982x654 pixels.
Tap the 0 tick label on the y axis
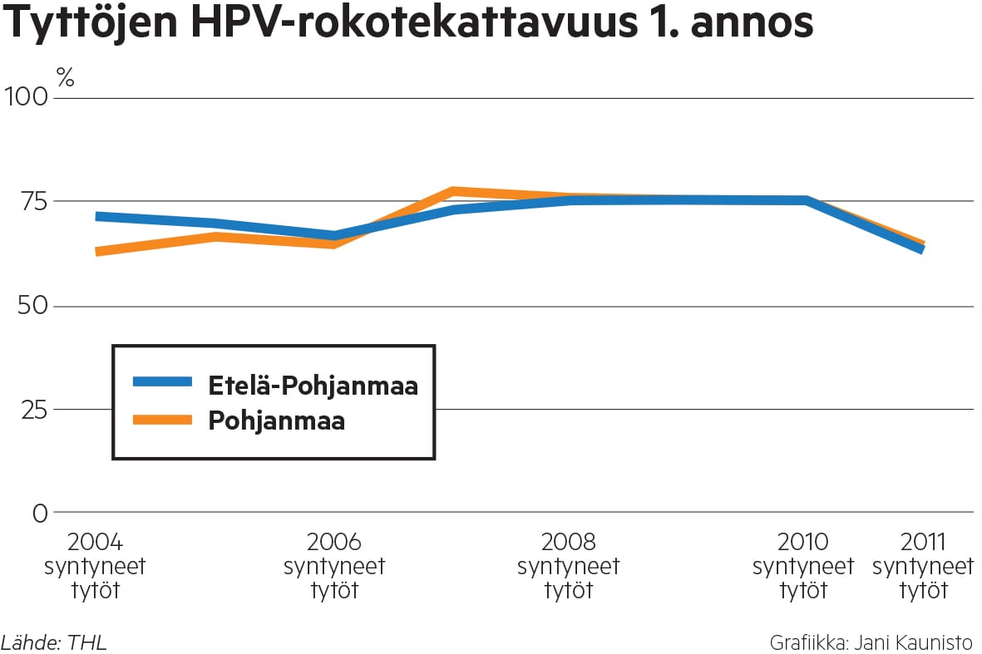(x=41, y=513)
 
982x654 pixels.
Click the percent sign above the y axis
(x=66, y=78)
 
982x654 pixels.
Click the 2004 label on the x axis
(x=95, y=543)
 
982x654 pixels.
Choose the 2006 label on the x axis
(x=334, y=543)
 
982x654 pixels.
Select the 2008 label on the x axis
(x=569, y=543)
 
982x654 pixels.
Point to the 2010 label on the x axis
(x=803, y=543)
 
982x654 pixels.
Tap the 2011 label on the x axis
(x=923, y=543)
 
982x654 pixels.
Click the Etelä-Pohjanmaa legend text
(x=313, y=386)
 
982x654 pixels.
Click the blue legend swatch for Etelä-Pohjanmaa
(x=162, y=382)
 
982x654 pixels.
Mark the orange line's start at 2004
(x=98, y=251)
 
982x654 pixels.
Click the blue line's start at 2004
(x=98, y=217)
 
